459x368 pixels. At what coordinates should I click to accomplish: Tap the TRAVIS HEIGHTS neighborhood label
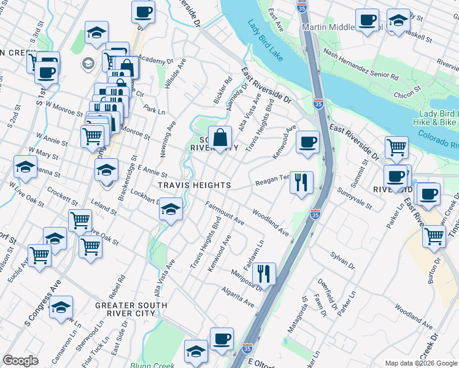pos(194,185)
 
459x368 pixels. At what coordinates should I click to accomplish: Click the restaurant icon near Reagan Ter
pos(301,182)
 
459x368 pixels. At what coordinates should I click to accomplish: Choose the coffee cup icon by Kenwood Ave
pos(307,142)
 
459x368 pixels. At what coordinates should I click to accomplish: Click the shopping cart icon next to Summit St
pos(396,147)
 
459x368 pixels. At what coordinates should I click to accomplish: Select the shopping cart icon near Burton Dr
pos(434,236)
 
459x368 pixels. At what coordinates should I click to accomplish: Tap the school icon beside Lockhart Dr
pos(171,210)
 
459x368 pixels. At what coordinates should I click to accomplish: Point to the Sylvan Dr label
pos(342,259)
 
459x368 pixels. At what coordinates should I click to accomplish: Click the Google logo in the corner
pos(21,361)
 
